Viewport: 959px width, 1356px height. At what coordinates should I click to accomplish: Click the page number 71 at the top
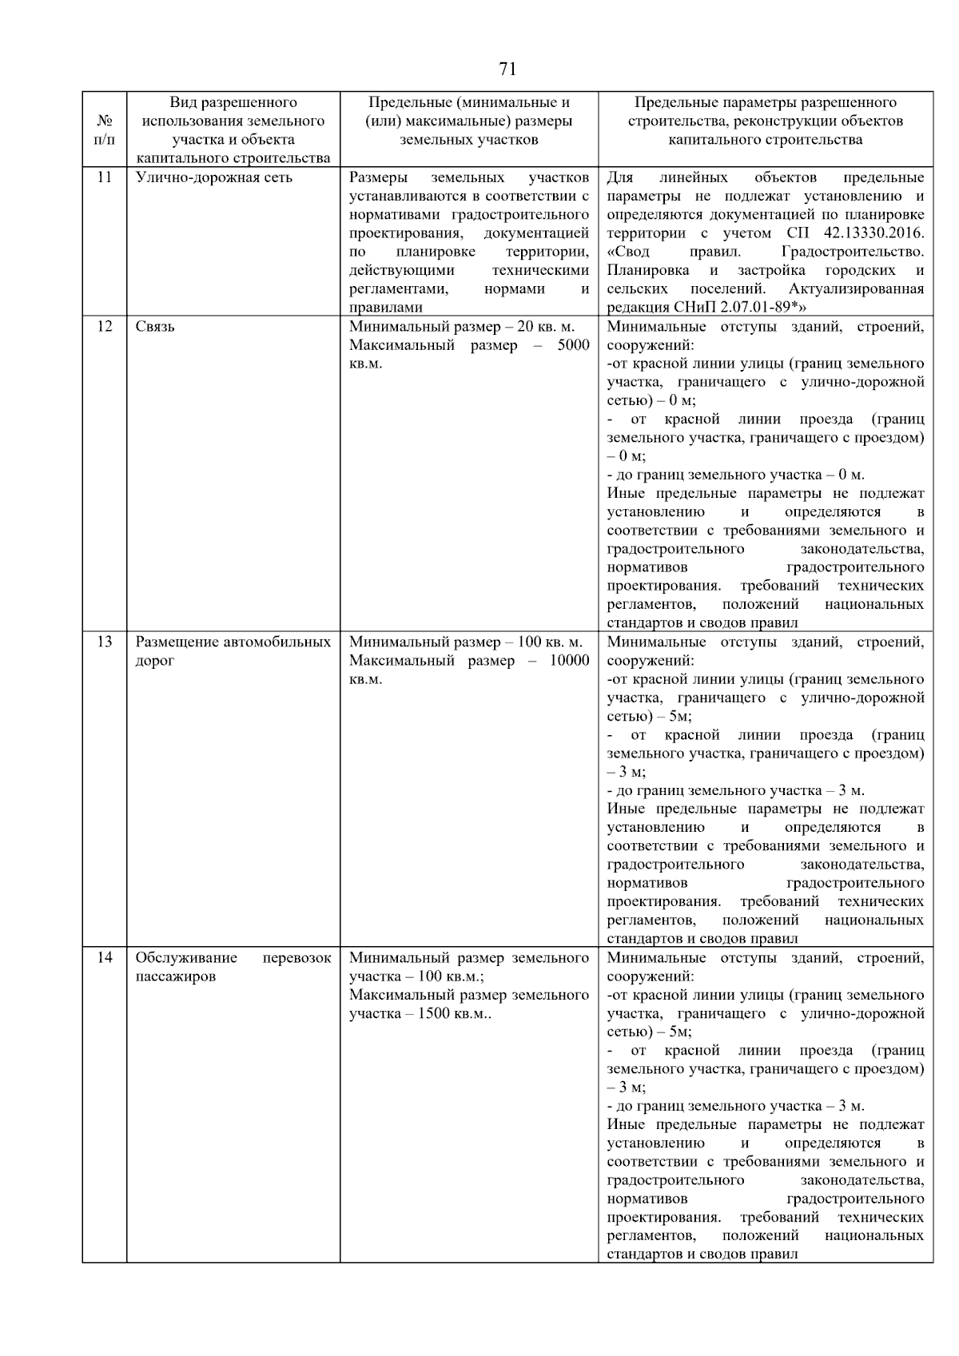[x=507, y=70]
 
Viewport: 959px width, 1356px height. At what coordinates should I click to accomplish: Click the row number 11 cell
[x=104, y=177]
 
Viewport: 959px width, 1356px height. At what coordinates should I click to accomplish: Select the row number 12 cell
[x=104, y=327]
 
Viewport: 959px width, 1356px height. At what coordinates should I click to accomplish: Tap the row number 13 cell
[x=104, y=642]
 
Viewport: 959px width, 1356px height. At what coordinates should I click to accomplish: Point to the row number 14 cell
[x=104, y=958]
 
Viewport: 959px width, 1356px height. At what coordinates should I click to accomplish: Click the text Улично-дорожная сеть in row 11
[x=213, y=177]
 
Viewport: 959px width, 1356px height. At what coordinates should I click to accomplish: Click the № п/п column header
[x=104, y=130]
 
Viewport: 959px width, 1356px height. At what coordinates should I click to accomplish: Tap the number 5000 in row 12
[x=573, y=345]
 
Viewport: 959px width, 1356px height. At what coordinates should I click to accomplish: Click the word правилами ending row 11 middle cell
[x=385, y=308]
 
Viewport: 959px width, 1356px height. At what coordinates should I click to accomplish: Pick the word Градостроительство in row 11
[x=853, y=252]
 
